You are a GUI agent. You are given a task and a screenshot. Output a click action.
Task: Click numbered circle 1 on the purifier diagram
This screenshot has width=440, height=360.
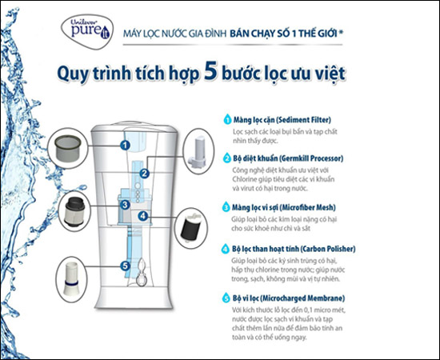click(126, 145)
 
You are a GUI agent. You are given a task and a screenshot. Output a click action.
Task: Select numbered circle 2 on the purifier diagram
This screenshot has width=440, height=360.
click(145, 172)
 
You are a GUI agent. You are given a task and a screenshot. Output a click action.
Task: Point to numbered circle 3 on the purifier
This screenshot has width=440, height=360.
click(126, 206)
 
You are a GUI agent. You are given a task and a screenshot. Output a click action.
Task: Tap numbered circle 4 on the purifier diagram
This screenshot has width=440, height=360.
click(142, 215)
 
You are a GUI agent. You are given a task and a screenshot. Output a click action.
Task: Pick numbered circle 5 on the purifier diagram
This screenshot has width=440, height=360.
click(126, 266)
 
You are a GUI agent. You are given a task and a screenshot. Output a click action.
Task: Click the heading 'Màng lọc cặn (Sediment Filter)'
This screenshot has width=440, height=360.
click(277, 118)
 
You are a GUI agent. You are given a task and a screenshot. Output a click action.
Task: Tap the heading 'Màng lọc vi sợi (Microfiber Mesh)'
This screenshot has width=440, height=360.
click(282, 206)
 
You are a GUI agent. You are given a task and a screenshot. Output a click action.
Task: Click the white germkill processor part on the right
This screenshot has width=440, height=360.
click(198, 152)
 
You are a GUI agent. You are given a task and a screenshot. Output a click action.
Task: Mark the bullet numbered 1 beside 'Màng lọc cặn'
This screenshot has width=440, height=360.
click(227, 118)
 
